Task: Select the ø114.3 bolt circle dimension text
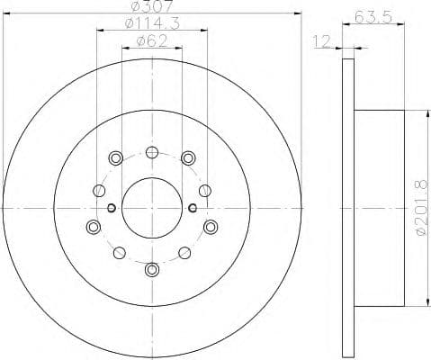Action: tap(151, 23)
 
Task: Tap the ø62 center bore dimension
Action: tap(151, 40)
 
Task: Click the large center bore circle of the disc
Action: tap(151, 209)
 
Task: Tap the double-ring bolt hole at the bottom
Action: tap(151, 268)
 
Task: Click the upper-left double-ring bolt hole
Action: tap(115, 159)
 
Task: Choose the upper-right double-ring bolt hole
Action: tap(187, 159)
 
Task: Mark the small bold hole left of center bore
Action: tap(111, 209)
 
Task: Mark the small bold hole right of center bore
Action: tap(192, 209)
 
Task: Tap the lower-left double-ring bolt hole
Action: tap(93, 227)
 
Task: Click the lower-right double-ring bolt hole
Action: tap(210, 227)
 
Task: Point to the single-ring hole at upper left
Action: tap(97, 190)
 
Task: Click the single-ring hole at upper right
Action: tap(205, 190)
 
